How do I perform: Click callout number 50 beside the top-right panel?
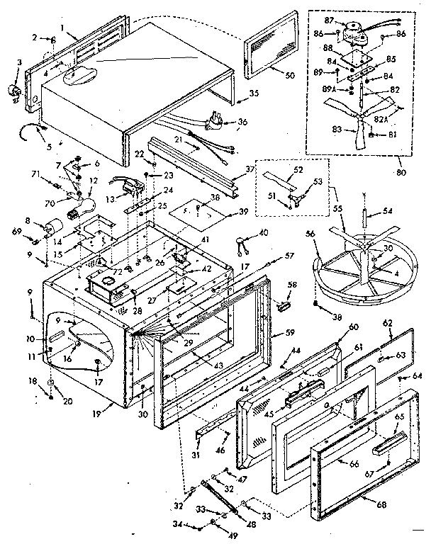[x=270, y=75]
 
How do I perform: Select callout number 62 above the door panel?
[x=388, y=322]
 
